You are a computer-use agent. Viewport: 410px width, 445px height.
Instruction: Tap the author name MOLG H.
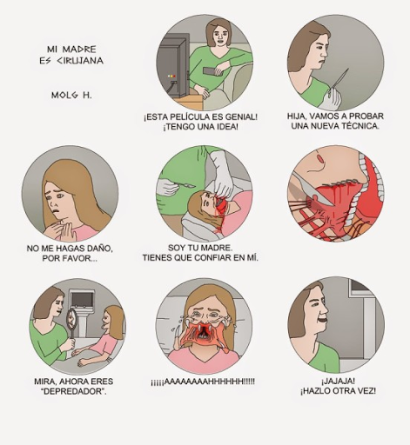(71, 95)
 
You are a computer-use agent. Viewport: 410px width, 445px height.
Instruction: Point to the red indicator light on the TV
(174, 76)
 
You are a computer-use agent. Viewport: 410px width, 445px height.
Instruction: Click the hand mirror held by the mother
(71, 322)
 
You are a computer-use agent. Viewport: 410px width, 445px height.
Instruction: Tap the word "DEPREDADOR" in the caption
(74, 391)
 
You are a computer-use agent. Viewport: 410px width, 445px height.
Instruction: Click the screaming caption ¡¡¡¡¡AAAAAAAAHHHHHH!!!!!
(203, 382)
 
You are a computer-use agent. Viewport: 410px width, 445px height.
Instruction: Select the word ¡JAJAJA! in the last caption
(338, 381)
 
